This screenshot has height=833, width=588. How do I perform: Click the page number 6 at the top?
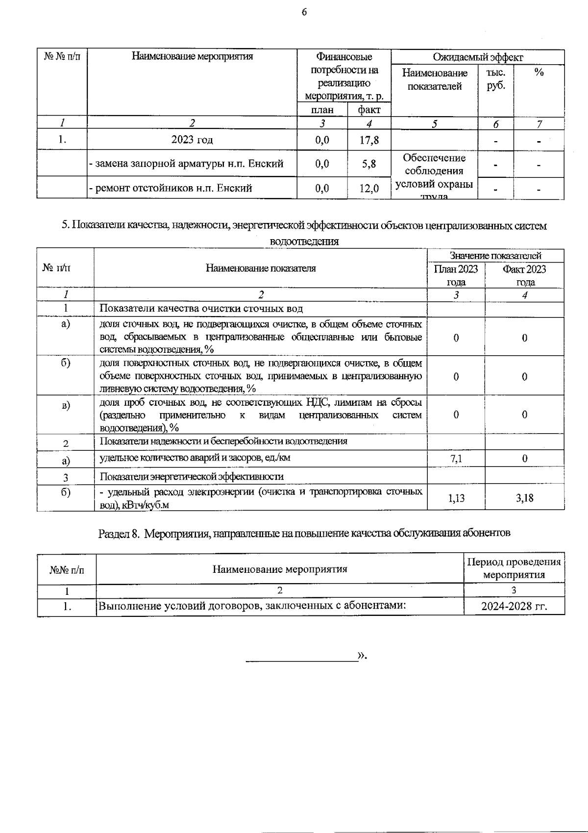click(304, 12)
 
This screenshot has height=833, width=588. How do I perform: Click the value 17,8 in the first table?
click(369, 140)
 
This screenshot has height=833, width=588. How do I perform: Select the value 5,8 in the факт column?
click(369, 164)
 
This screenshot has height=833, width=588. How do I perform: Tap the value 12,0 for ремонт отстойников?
click(369, 188)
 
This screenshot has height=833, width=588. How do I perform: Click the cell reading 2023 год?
click(192, 140)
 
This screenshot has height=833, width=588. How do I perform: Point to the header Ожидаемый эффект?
click(478, 57)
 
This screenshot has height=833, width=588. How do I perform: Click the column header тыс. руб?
click(495, 79)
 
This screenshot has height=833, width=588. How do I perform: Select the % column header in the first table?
click(539, 73)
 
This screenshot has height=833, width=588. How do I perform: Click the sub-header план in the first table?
click(322, 110)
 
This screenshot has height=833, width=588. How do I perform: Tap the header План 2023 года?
click(456, 275)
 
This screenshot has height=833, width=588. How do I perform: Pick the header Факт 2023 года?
click(524, 275)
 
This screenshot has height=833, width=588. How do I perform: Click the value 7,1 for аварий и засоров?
click(456, 459)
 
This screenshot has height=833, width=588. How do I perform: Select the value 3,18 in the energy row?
click(524, 498)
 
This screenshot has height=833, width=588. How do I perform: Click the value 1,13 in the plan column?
click(456, 498)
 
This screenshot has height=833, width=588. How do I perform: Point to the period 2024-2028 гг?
click(514, 607)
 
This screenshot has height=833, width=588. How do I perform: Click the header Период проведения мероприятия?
click(514, 568)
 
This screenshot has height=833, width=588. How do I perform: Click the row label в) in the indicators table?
click(65, 405)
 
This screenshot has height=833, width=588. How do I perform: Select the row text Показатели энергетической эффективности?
click(192, 476)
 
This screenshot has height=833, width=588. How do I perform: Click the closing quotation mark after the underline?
click(362, 656)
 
